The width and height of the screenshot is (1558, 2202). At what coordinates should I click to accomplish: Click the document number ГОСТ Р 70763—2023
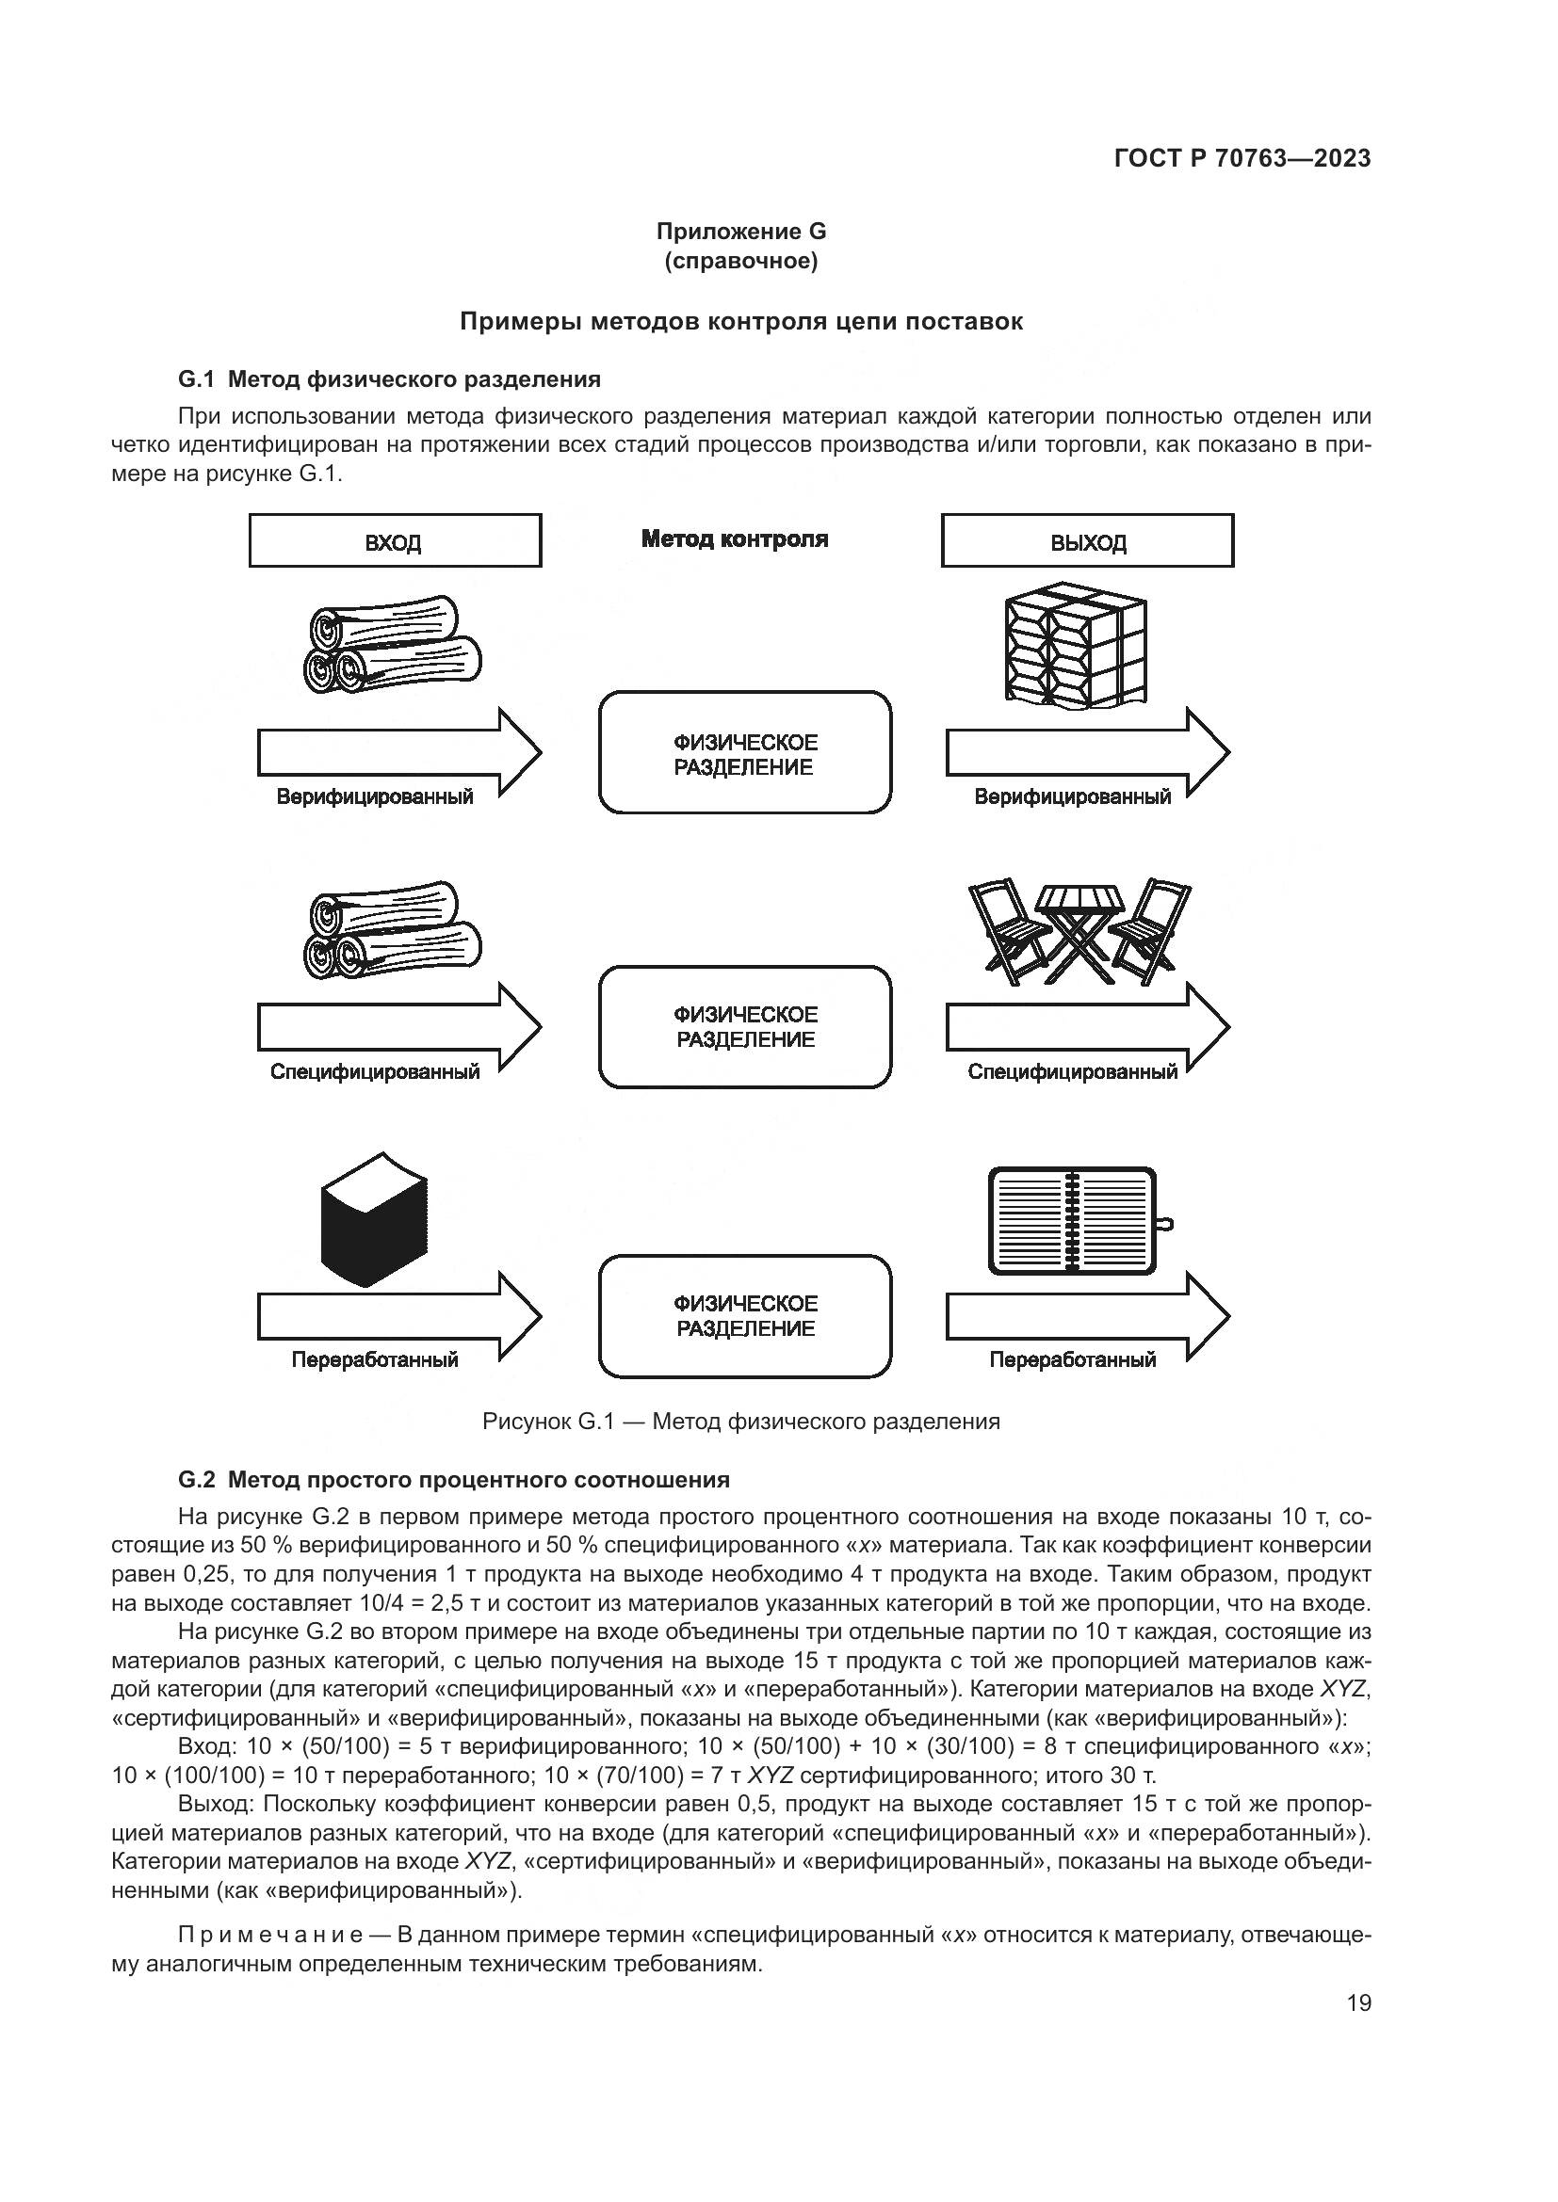click(x=1242, y=158)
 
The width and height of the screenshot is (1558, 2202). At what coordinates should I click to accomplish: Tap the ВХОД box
click(x=395, y=541)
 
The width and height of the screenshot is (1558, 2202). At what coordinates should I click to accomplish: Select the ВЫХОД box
click(x=1087, y=541)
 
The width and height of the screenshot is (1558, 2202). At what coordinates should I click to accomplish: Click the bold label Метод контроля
click(x=734, y=539)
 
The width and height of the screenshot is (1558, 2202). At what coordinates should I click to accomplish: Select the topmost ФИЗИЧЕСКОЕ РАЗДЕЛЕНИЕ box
click(x=744, y=753)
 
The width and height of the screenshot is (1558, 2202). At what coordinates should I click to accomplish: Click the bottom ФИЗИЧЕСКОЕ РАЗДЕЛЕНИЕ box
click(x=744, y=1315)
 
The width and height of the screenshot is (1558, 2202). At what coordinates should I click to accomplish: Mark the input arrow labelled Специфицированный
click(x=398, y=1026)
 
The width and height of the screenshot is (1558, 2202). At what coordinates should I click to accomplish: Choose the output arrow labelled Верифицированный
click(x=1087, y=753)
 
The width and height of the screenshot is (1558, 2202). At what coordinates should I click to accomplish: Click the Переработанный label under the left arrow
click(x=374, y=1360)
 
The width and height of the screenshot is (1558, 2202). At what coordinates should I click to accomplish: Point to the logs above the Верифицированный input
click(x=395, y=645)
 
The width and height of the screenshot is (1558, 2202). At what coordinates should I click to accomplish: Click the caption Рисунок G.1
click(x=739, y=1422)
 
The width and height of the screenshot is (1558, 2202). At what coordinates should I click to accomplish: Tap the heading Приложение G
click(x=739, y=232)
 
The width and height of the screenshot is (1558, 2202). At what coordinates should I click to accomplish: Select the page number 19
click(x=1358, y=2002)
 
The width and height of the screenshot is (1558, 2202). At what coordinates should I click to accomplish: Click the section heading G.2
click(x=453, y=1480)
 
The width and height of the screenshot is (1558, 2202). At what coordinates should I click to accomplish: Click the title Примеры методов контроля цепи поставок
click(x=739, y=321)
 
